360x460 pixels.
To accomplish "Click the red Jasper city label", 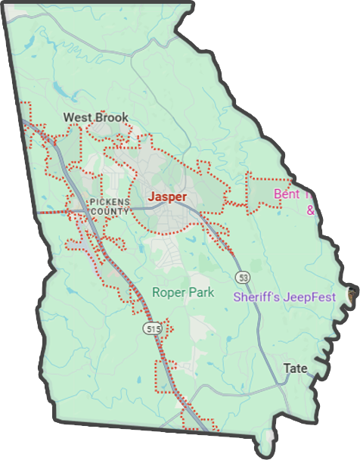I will tap(168, 196).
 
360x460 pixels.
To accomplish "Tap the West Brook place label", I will tap(95, 117).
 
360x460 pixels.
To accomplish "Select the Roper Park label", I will tap(183, 292).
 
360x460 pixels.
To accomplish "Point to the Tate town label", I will tap(295, 368).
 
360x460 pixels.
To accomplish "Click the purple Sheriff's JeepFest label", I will tap(284, 297).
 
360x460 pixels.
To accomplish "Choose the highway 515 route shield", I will tap(154, 328).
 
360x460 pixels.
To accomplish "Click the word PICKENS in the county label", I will tap(110, 201).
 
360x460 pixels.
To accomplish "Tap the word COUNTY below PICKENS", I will tap(110, 211).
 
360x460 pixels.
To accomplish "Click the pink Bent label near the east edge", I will tap(287, 194).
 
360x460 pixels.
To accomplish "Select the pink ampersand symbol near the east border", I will tap(310, 210).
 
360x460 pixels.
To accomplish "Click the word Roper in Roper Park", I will tap(168, 292).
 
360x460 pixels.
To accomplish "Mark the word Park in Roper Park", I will tap(200, 292).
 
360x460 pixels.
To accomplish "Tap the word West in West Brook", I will tap(77, 117).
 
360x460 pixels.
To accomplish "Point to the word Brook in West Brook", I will tap(111, 117).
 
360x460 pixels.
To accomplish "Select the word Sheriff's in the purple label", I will tap(257, 297).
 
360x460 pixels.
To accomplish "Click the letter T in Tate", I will tap(287, 368).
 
